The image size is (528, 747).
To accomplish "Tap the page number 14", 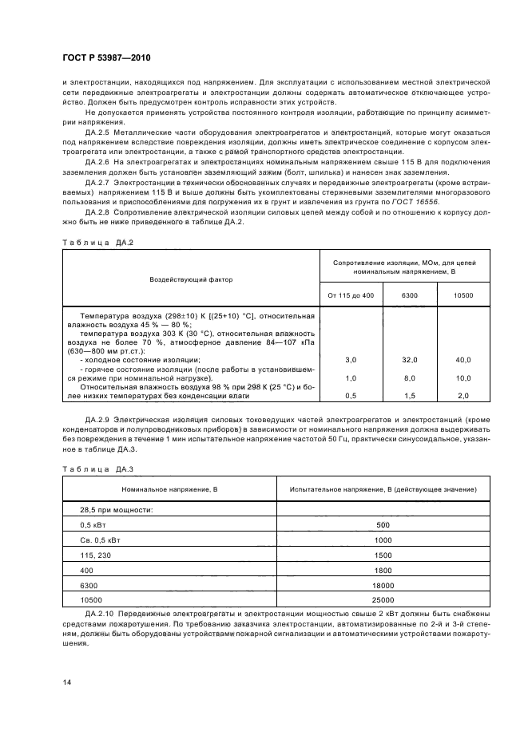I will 66,681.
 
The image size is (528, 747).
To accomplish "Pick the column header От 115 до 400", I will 351,296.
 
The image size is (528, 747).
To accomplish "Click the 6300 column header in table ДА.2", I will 410,296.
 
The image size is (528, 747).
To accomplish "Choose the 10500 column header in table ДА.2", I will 463,296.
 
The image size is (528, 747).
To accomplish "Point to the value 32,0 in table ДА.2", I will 410,361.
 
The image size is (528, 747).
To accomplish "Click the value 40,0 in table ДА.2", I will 463,361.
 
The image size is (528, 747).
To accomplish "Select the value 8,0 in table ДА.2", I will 410,377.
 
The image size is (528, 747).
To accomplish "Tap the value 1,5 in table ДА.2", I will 410,395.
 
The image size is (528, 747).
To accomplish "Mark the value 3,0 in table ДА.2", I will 351,361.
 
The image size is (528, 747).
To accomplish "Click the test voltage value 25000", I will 383,599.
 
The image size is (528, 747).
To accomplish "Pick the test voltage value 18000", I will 383,585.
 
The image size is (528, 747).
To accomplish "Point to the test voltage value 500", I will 383,524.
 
